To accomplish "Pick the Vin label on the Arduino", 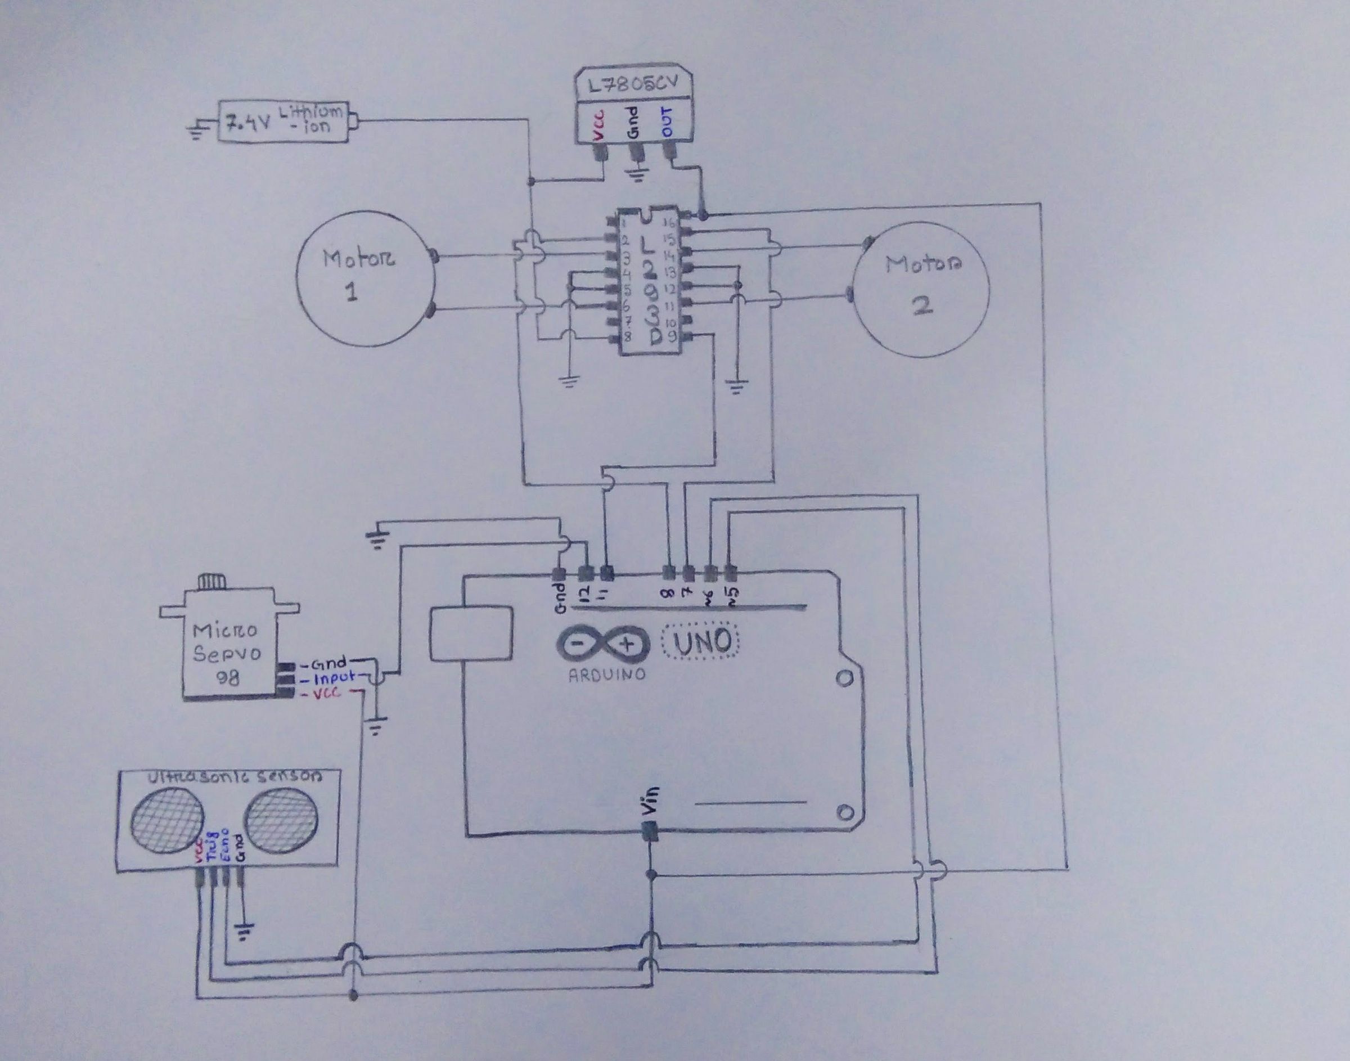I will point(650,801).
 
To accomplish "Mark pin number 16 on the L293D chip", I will point(669,224).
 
